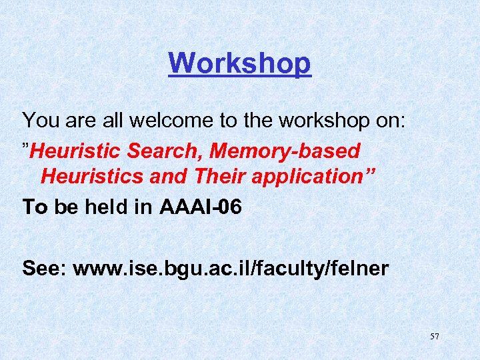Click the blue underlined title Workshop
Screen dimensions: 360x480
tap(239, 63)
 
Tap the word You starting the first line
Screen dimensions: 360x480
tap(41, 121)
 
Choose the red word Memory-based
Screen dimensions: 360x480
tap(285, 151)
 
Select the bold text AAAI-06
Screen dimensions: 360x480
tap(201, 207)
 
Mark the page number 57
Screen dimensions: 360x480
tap(434, 337)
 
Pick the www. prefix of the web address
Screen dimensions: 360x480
tap(101, 269)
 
